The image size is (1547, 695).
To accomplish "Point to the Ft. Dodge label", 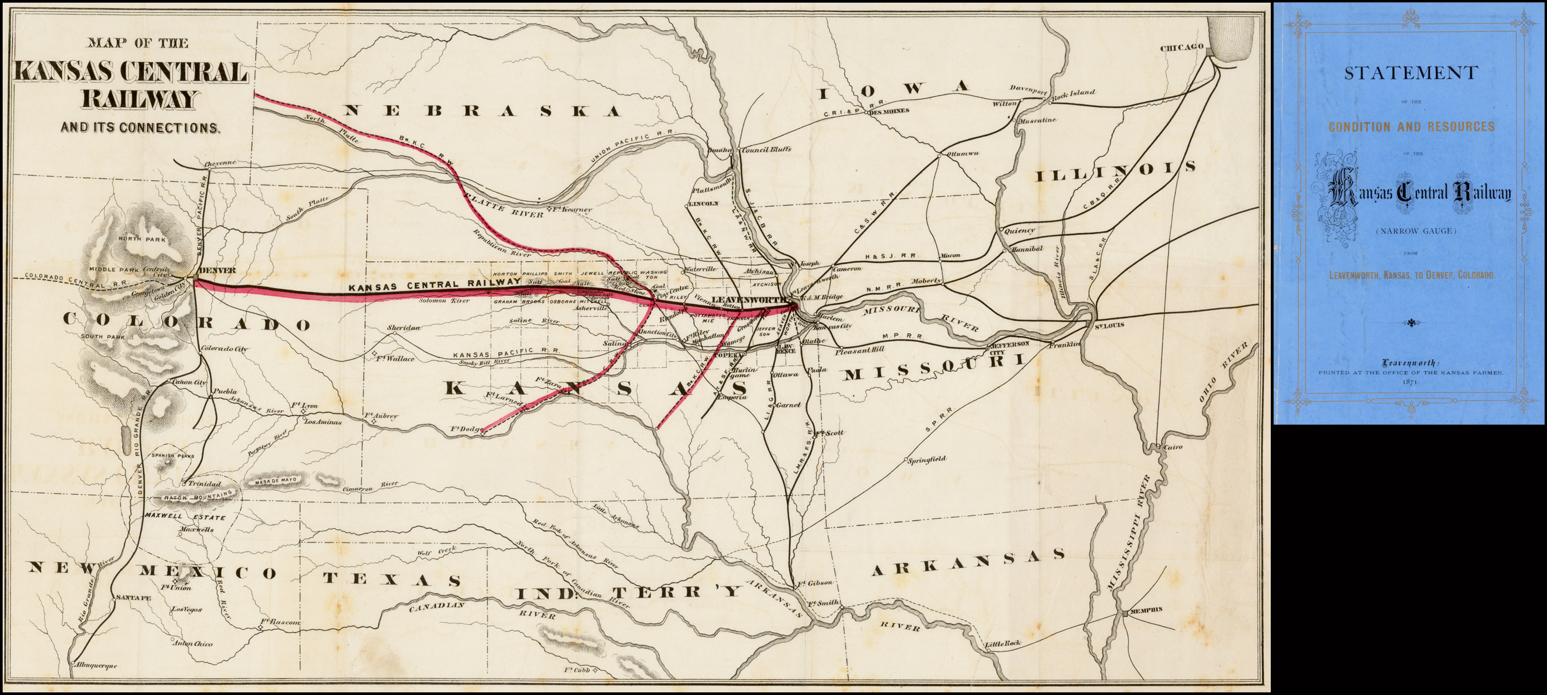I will point(466,429).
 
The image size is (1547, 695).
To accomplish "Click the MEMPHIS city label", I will point(1146,609).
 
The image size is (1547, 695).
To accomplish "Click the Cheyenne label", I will point(220,163).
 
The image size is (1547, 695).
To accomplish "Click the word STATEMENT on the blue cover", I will point(1411,73).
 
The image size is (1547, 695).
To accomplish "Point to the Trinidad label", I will point(204,484).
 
